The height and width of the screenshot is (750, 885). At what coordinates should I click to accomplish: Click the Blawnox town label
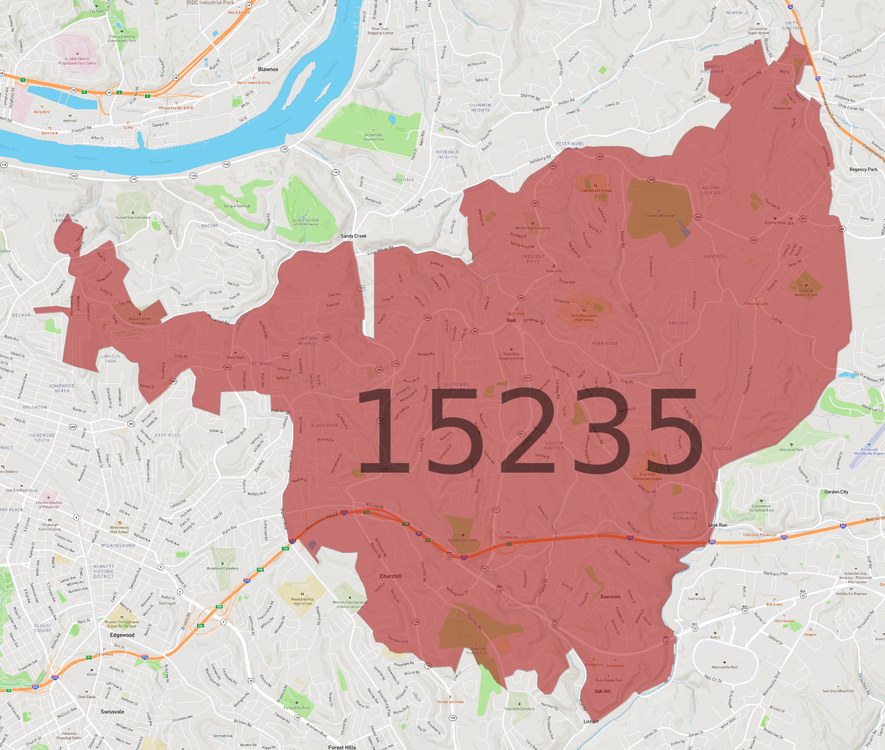268,69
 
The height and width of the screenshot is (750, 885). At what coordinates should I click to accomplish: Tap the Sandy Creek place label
354,236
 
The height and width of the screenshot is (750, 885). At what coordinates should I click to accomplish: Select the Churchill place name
390,576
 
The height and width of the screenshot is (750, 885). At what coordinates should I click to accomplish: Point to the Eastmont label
611,597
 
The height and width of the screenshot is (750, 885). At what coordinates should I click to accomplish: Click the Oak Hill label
603,691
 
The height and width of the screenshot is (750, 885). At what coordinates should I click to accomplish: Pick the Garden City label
836,492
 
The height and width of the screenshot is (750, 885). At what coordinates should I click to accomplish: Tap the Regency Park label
863,169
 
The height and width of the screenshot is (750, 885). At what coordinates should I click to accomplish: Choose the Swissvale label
113,712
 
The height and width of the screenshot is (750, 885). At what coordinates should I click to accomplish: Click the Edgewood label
122,635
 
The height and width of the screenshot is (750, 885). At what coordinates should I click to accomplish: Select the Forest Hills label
342,747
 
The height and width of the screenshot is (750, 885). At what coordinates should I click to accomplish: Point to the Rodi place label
511,320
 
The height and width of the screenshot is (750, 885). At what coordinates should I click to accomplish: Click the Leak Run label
718,525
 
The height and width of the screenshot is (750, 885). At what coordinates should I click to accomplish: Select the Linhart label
591,722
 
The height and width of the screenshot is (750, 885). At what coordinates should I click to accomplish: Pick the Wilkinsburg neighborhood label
118,546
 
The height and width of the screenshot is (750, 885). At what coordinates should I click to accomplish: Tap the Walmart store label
70,121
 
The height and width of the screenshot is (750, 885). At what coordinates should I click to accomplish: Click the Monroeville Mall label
724,667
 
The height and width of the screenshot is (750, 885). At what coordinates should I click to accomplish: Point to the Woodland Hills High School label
302,601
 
